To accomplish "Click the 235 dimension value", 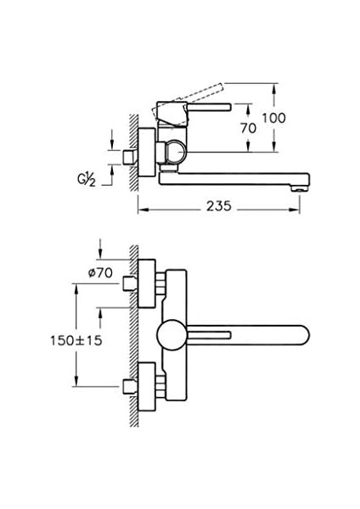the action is click(219, 206).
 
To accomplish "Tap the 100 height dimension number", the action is click(274, 118).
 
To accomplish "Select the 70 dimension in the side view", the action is click(249, 128).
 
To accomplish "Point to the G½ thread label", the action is click(87, 180).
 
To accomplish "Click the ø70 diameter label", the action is click(100, 272).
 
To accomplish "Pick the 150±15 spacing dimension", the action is click(76, 340).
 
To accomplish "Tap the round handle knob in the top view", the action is click(172, 335).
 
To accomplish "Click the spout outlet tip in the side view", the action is click(300, 188).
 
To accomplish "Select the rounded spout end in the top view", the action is click(303, 335).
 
